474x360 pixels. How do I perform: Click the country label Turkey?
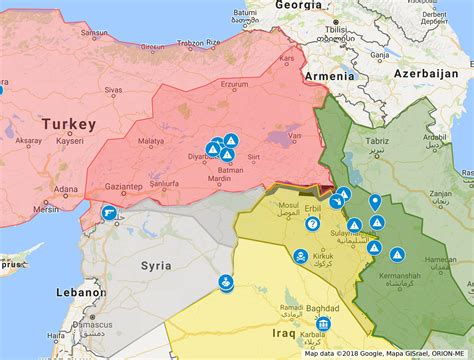69,124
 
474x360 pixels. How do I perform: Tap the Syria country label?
155,266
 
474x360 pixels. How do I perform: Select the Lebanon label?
79,292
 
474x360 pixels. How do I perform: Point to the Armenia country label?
329,75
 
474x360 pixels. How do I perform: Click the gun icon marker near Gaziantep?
109,212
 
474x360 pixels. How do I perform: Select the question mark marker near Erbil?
312,224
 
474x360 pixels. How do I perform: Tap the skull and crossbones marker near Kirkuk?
299,257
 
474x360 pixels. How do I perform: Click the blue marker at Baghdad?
322,325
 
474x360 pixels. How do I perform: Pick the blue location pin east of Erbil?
375,203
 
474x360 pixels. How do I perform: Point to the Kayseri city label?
69,142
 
